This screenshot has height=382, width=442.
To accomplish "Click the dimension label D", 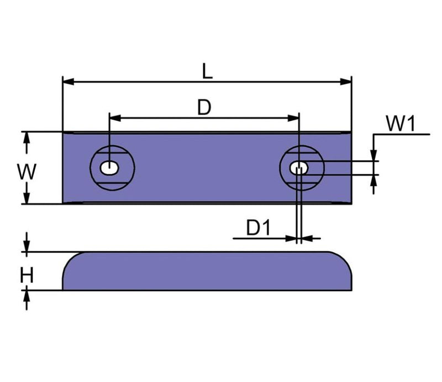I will (204, 107).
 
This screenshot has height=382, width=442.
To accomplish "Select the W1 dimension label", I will (400, 124).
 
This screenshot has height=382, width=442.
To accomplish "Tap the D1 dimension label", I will (257, 228).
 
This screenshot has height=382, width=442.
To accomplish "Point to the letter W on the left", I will (26, 172).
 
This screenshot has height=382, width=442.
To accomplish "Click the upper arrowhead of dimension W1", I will (375, 157).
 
